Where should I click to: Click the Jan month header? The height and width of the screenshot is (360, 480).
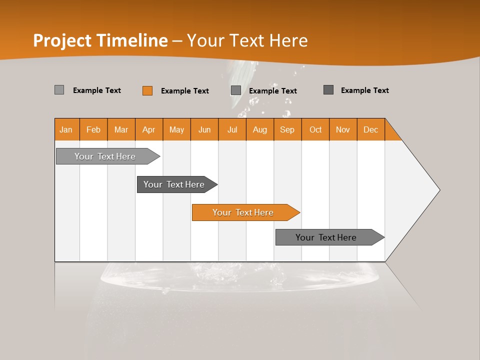coord(66,129)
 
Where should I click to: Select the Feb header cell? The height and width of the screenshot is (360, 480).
coord(93,129)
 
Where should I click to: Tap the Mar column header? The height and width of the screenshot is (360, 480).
coord(121,129)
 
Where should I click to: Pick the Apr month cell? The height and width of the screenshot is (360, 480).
coord(149,129)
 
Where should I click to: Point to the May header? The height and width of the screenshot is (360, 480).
coord(176,129)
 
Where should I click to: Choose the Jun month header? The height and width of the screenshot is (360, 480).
coord(204,129)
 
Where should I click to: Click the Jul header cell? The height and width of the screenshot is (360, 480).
coord(232,129)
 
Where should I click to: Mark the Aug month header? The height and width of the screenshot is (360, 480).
coord(260,129)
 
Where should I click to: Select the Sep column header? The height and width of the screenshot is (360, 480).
coord(287,129)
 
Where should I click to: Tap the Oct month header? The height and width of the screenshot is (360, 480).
coord(315,129)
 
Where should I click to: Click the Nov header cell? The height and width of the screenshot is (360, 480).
coord(343,129)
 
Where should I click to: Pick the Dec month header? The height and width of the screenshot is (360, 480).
coord(371,129)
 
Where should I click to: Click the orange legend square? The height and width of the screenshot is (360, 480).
coord(147,90)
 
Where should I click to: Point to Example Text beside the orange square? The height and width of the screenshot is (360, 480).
coord(185,91)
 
